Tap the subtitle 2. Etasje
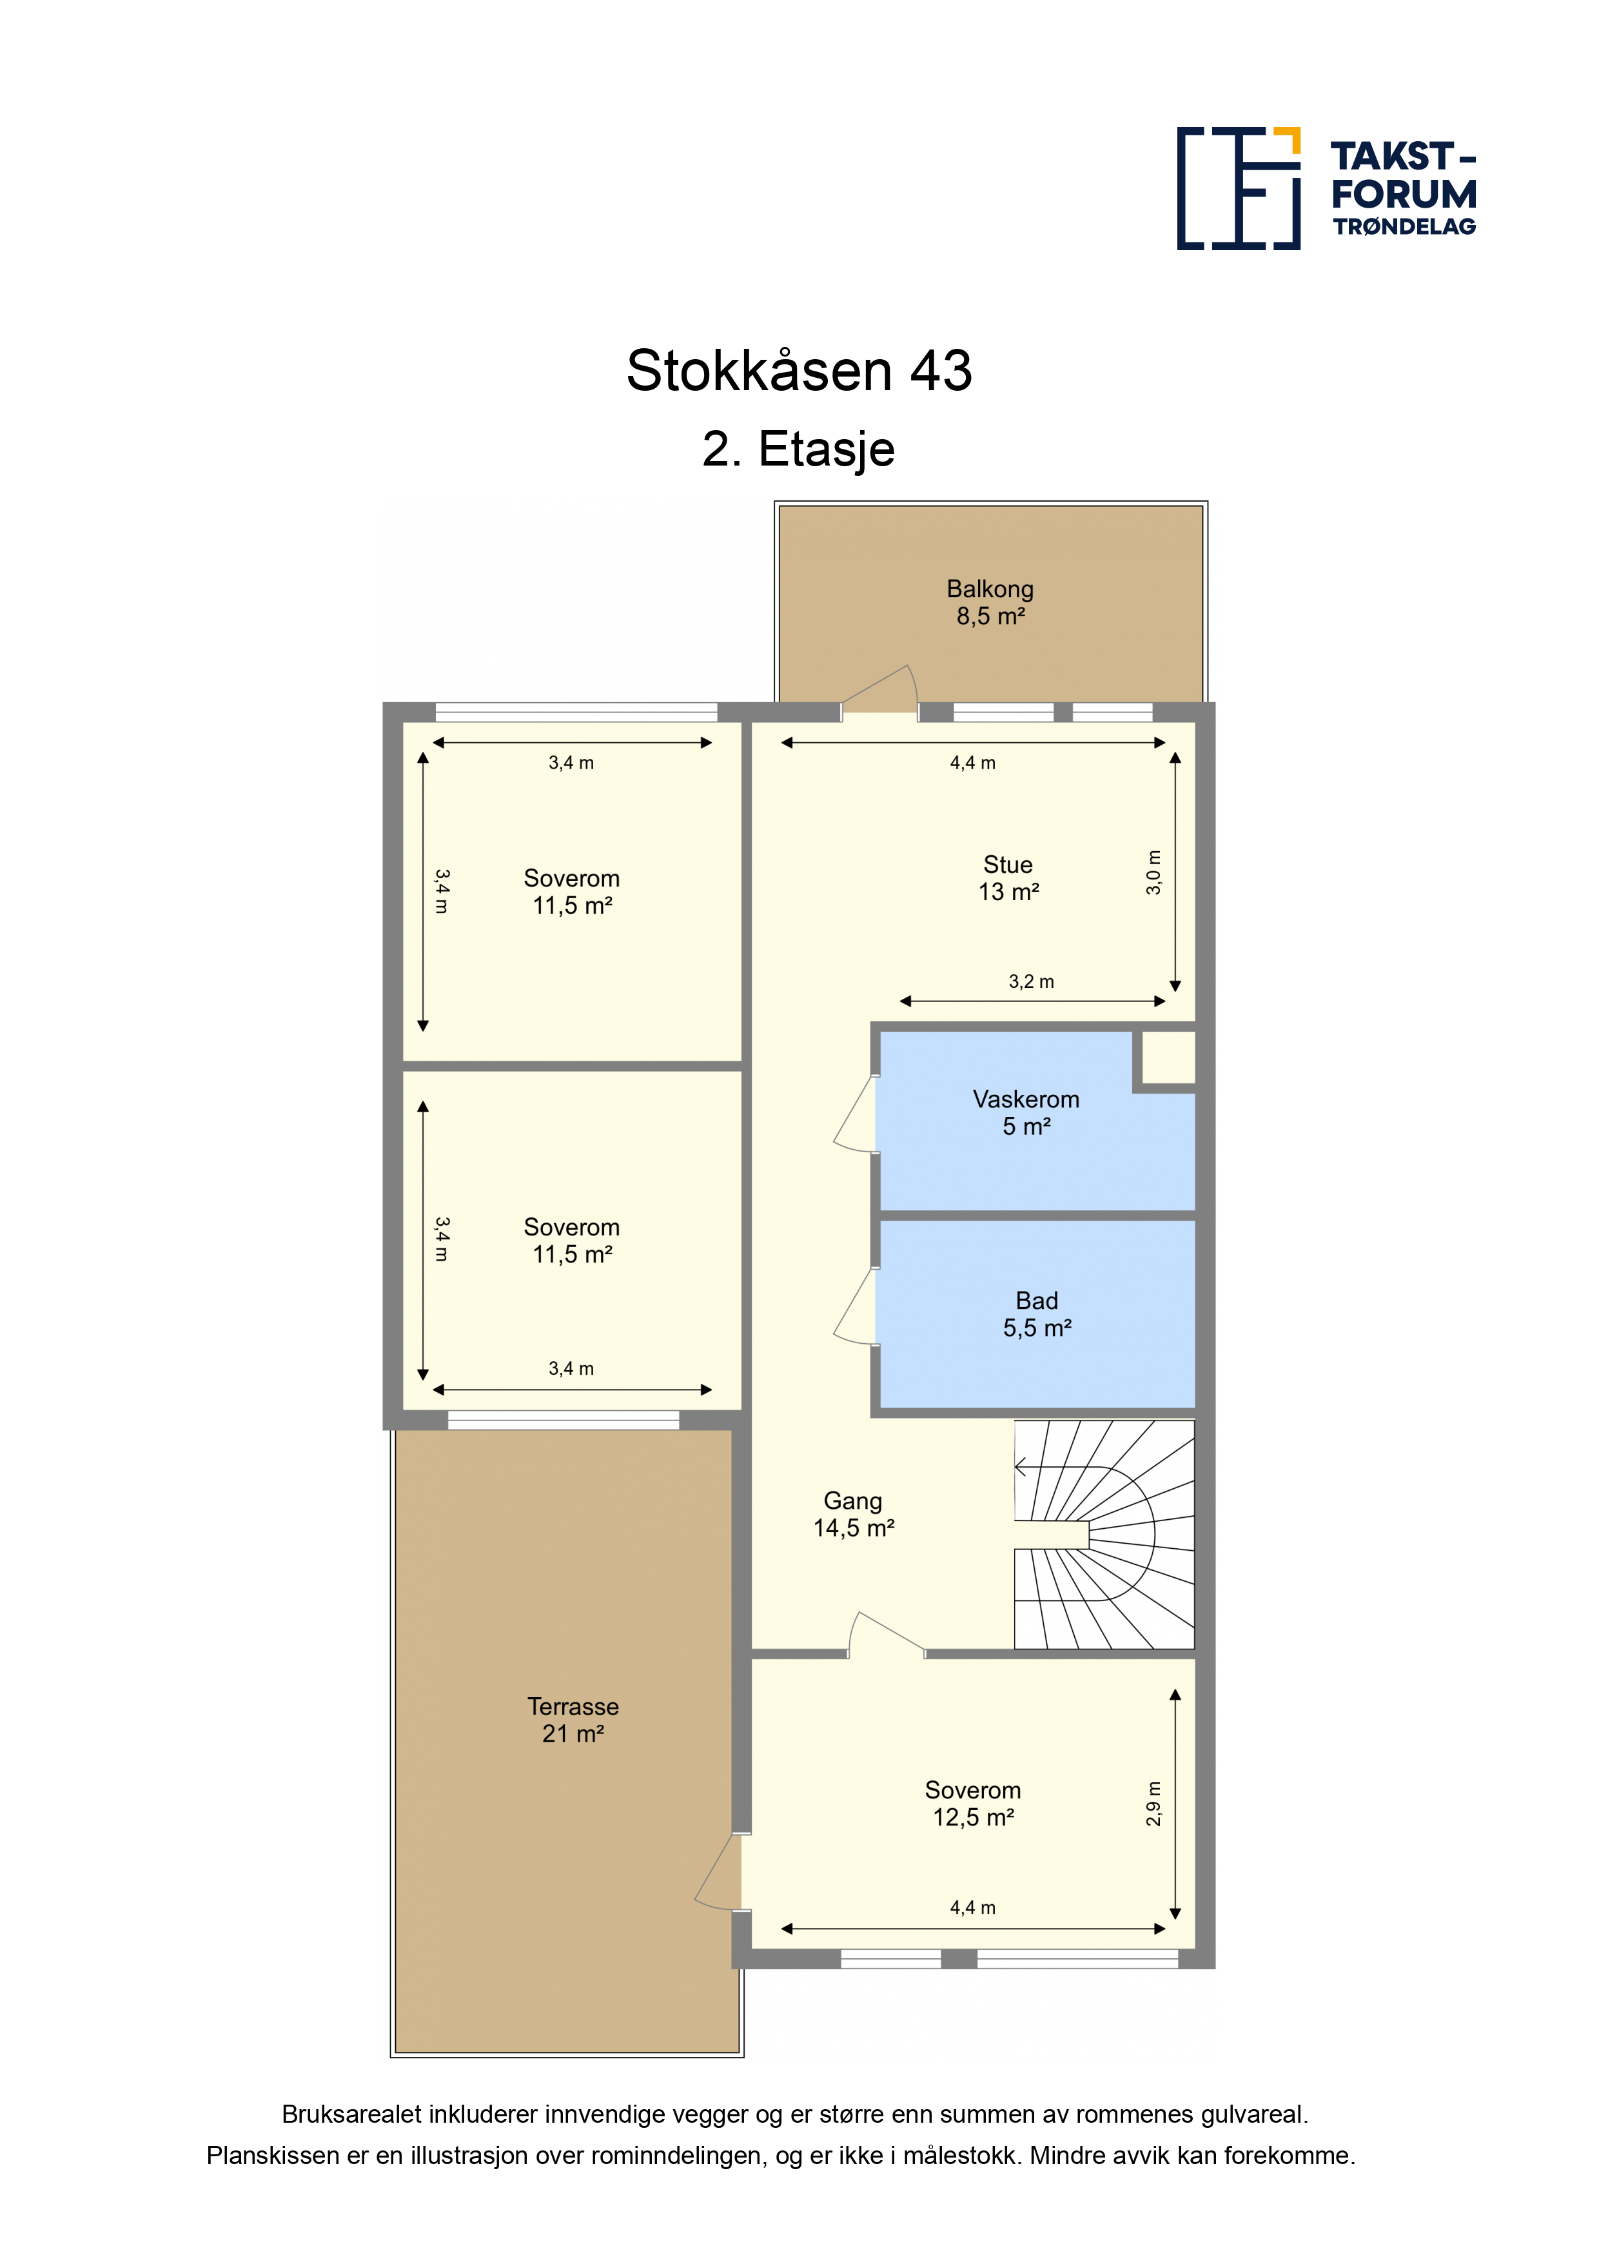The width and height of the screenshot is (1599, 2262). pyautogui.click(x=798, y=449)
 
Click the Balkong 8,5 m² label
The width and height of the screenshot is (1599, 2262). pyautogui.click(x=990, y=602)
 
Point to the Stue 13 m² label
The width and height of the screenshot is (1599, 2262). pyautogui.click(x=1008, y=878)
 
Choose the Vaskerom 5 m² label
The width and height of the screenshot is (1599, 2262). pyautogui.click(x=1026, y=1112)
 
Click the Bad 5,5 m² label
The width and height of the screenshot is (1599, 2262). pyautogui.click(x=1036, y=1314)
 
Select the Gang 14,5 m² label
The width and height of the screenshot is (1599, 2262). pyautogui.click(x=853, y=1514)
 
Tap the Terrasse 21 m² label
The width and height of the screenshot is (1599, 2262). pyautogui.click(x=573, y=1720)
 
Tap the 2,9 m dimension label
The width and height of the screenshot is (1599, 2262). pyautogui.click(x=1153, y=1804)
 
